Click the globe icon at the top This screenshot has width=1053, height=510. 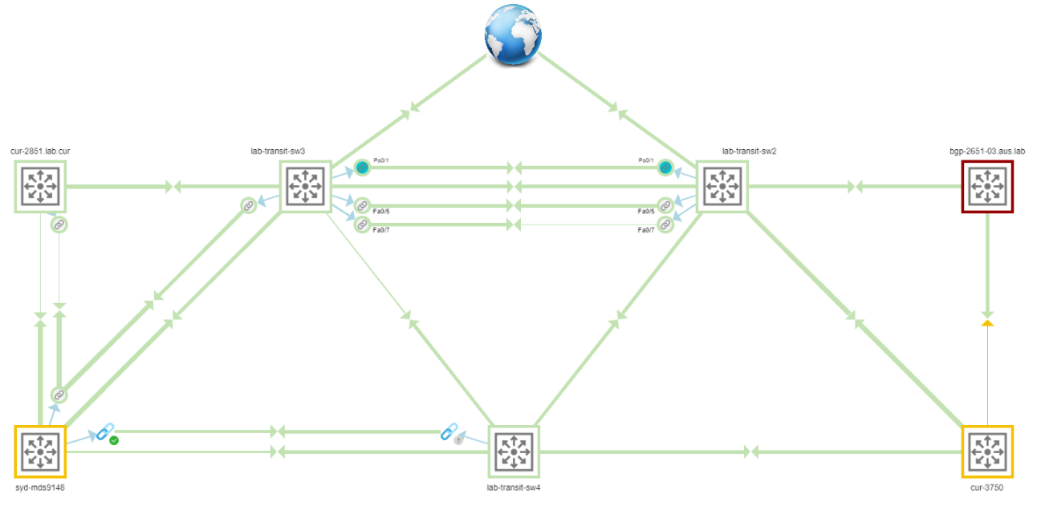pyautogui.click(x=513, y=34)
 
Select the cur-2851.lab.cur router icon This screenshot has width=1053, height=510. pyautogui.click(x=40, y=186)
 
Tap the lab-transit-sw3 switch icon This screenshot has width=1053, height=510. pyautogui.click(x=305, y=186)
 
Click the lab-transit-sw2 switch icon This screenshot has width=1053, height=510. pyautogui.click(x=722, y=186)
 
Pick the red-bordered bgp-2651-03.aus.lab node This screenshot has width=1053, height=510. pyautogui.click(x=987, y=186)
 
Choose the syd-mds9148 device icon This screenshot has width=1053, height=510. pyautogui.click(x=40, y=451)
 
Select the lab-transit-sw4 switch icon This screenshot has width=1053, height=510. pyautogui.click(x=514, y=451)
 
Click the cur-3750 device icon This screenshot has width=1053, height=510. pyautogui.click(x=987, y=451)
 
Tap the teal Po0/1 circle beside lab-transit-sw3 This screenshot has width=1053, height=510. pyautogui.click(x=362, y=168)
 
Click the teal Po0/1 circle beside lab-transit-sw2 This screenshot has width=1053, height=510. pyautogui.click(x=665, y=168)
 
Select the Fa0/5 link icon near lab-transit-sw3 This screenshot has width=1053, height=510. pyautogui.click(x=362, y=205)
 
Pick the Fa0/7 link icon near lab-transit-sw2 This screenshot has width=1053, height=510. pyautogui.click(x=665, y=225)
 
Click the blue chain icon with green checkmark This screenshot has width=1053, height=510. pyautogui.click(x=105, y=434)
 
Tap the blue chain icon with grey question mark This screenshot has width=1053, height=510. pyautogui.click(x=450, y=433)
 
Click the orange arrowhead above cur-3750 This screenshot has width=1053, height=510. pyautogui.click(x=988, y=323)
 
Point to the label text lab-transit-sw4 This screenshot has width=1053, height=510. pyautogui.click(x=514, y=488)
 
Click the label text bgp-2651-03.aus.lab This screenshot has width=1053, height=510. pyautogui.click(x=987, y=150)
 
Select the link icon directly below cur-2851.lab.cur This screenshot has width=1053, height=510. pyautogui.click(x=59, y=225)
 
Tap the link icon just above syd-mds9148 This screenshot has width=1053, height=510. pyautogui.click(x=59, y=395)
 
